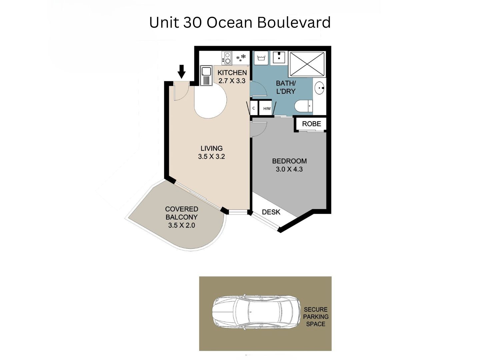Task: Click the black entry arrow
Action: [x=181, y=71]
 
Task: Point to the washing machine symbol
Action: [x=261, y=58]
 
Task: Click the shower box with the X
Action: [x=307, y=64]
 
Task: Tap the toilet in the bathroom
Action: [x=304, y=106]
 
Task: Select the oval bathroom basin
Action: [x=319, y=88]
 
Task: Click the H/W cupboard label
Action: [x=267, y=109]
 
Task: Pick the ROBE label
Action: [x=311, y=124]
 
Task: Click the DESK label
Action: [x=271, y=212]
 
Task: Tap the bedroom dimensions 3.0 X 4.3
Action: [x=289, y=169]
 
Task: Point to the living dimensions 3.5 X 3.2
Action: [x=211, y=157]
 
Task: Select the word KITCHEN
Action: [x=232, y=73]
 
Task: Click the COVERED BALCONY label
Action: [x=182, y=213]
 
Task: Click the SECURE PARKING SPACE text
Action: [x=316, y=317]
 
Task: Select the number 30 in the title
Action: [x=192, y=22]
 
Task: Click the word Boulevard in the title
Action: [x=294, y=22]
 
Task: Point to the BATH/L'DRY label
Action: [x=286, y=87]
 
